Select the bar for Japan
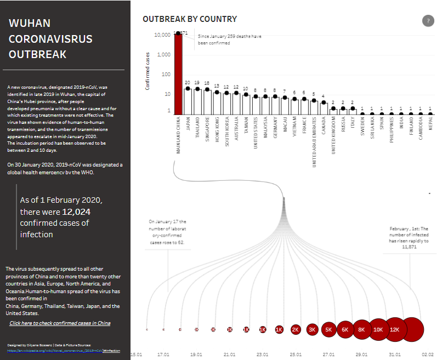point(188,101)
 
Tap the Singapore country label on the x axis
point(207,129)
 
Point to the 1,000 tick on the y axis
point(163,55)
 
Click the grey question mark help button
point(428,21)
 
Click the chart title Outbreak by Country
point(190,19)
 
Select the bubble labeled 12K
point(395,329)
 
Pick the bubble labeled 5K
point(328,329)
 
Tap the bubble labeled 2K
point(296,329)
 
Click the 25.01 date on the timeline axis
point(296,355)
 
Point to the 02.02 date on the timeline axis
point(428,355)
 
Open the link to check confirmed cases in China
point(60,323)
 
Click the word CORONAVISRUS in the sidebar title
point(50,39)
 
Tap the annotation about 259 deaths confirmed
point(229,39)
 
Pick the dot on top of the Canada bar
point(324,102)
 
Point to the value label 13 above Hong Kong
point(217,87)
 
